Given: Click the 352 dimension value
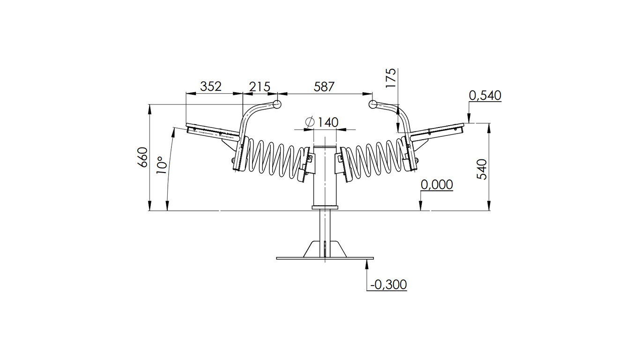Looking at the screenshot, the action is coord(210,86).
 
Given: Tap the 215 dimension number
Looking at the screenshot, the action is coord(260,86).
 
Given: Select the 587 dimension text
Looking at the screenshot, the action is coord(324,86).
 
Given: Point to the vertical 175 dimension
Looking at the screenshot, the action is coord(391,78).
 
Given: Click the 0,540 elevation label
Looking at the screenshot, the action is coord(485,96).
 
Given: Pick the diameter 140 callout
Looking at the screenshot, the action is coord(322,122).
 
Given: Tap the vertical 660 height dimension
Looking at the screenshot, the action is coord(142,157).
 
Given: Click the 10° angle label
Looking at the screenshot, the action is coord(162,165).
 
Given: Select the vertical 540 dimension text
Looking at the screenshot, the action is coord(482,169).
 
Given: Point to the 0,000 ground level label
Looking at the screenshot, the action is coord(437,185).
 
